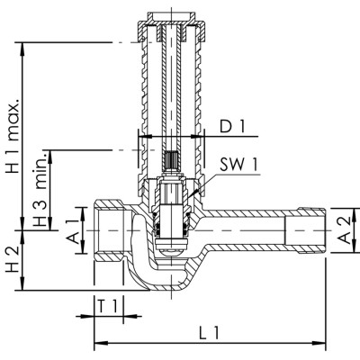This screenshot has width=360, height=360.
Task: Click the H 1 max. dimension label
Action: [13, 135]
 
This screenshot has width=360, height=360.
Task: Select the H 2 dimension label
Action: [13, 259]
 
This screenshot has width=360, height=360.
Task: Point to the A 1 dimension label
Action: [73, 231]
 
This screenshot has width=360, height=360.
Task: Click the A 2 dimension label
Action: [344, 230]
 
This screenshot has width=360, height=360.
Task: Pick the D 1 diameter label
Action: [232, 127]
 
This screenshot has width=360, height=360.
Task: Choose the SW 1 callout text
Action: [238, 165]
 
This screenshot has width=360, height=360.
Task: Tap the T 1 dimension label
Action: [107, 306]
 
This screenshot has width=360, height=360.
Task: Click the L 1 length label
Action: [210, 333]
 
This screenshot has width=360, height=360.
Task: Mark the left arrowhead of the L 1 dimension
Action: [101, 343]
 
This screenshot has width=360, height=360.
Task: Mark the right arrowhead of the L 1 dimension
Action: [319, 343]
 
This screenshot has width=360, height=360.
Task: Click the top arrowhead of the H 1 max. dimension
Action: [22, 49]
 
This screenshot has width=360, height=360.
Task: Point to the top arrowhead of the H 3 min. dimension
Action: [50, 157]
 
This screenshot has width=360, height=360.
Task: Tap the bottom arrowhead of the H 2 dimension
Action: [22, 283]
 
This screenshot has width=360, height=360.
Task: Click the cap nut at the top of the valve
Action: [171, 26]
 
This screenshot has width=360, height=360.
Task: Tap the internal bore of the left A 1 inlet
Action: [112, 231]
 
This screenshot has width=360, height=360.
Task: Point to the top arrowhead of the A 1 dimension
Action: [83, 214]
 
